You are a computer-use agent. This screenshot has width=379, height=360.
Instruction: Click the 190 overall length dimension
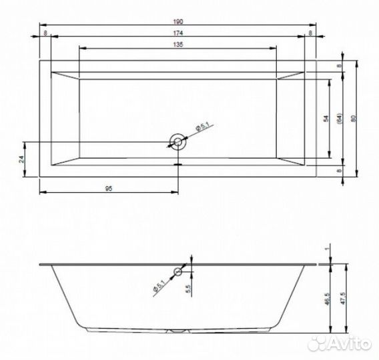coord(178,21)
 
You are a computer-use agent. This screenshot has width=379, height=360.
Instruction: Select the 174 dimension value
coord(178,33)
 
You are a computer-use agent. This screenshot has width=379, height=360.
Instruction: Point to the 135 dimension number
coord(178,45)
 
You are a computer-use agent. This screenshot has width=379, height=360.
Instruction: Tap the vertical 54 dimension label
coord(326,119)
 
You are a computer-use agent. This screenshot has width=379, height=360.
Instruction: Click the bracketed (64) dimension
coord(340,119)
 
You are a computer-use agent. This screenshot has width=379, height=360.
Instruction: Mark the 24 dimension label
coord(22,159)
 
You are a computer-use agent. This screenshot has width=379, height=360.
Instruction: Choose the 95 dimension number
coord(109,189)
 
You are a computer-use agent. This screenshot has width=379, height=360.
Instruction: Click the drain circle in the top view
coord(178,142)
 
